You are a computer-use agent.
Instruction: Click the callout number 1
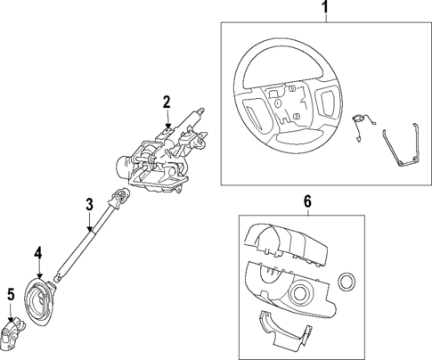click(325, 10)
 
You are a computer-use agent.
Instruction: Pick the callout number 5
click(11, 293)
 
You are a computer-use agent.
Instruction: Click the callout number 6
click(308, 202)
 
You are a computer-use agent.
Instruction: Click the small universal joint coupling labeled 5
click(18, 333)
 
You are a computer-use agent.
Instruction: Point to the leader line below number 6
click(308, 212)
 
